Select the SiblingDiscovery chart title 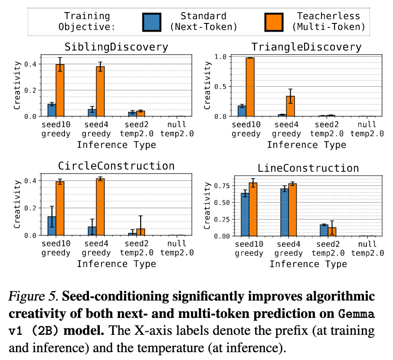116,46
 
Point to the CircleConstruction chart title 116,166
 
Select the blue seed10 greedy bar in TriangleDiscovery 242,111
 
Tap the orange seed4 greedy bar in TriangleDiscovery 291,106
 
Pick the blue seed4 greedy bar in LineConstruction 284,212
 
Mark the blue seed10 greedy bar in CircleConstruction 52,226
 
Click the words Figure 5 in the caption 33,297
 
